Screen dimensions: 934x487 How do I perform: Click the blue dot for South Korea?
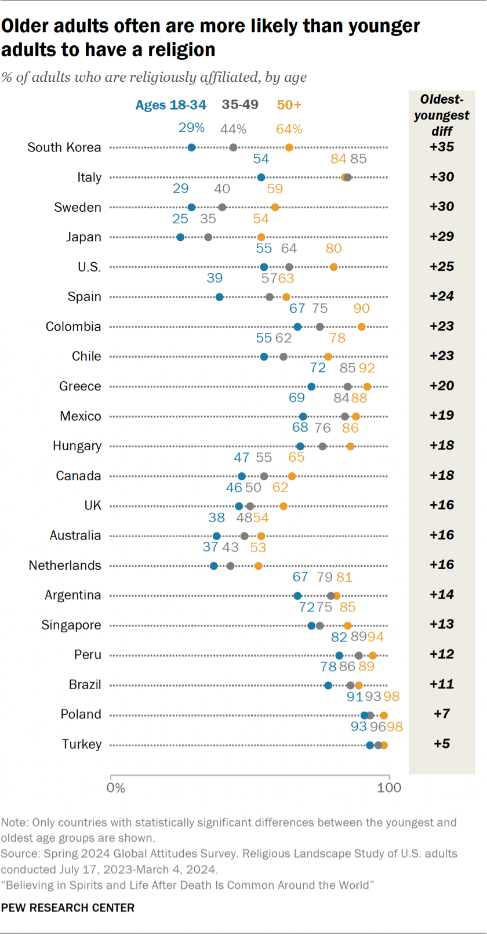coord(191,147)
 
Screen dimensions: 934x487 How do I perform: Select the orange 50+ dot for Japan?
coord(261,237)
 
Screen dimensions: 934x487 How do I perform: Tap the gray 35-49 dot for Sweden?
coord(222,207)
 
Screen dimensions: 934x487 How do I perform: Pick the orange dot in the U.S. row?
coord(333,267)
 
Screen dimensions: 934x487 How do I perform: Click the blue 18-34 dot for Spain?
coord(219,297)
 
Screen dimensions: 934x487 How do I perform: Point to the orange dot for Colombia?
coord(361,327)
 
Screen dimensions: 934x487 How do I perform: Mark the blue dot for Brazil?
coord(328,685)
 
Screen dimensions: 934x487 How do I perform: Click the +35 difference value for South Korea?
coord(441,147)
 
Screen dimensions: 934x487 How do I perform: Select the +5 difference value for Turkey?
coord(441,744)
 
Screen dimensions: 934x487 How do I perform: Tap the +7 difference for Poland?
coord(441,714)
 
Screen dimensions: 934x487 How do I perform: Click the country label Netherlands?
coord(65,565)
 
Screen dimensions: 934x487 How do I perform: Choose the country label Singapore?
coord(71,625)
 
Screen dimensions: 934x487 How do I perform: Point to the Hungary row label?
coord(77,446)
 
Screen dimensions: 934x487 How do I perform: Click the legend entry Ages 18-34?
coord(170,105)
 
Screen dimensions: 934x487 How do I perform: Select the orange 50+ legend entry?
coord(289,105)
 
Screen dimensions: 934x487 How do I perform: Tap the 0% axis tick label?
coord(115,788)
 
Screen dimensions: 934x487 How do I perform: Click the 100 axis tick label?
coord(389,788)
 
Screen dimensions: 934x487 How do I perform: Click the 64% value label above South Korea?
coord(289,129)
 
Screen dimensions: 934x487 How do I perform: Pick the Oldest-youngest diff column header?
coord(441,115)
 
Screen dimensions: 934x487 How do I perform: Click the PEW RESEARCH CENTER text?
coord(68,908)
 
